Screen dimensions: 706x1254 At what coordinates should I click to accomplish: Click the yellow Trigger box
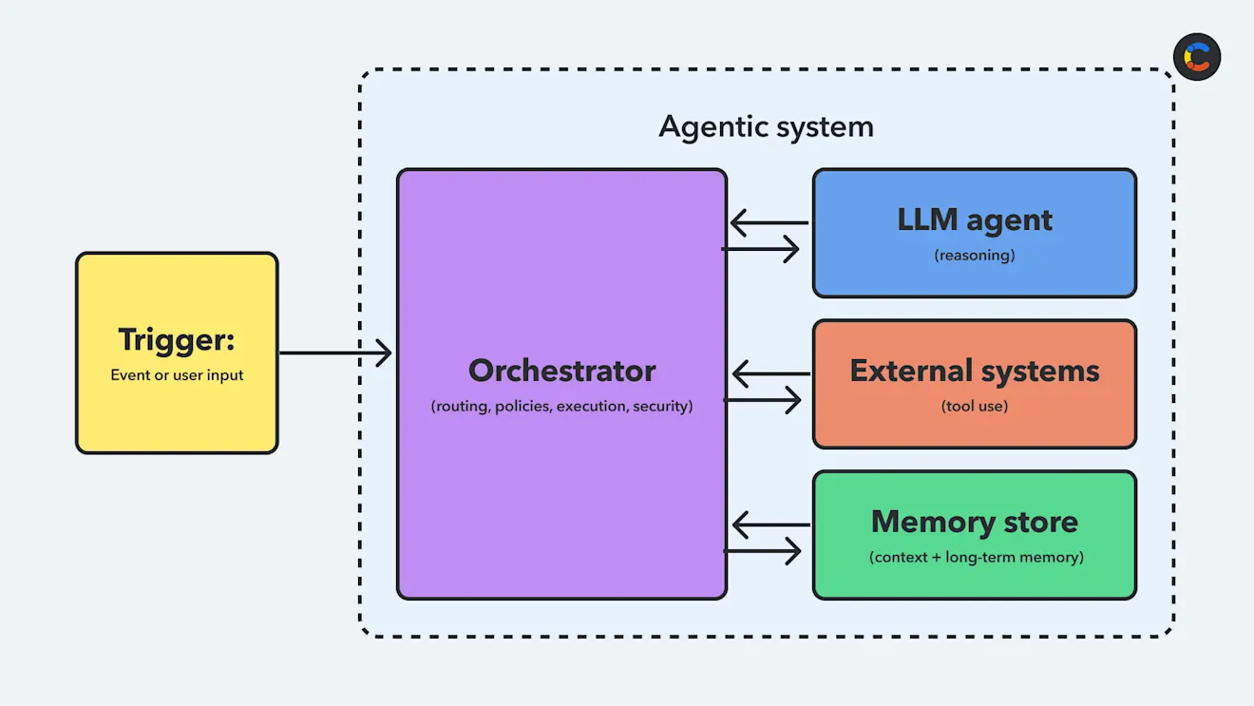[177, 409]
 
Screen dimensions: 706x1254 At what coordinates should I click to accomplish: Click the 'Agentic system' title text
[766, 126]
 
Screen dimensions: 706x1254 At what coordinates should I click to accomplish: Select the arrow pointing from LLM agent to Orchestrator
[769, 224]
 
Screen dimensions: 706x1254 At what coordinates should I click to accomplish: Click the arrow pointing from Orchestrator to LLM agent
[761, 249]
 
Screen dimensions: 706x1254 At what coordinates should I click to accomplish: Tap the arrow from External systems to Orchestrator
[770, 374]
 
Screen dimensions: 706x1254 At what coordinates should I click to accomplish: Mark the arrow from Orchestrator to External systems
[763, 400]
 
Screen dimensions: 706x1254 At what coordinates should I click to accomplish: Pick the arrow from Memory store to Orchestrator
[770, 525]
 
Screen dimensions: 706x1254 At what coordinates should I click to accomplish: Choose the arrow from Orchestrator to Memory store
[763, 551]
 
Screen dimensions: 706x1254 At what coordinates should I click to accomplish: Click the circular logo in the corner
[1197, 57]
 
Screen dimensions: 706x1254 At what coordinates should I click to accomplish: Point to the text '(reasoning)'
[975, 256]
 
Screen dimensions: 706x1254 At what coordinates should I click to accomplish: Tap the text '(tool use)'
[975, 407]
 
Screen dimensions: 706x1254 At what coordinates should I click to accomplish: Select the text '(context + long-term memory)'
[976, 558]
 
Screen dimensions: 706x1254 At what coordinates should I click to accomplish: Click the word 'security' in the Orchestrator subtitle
[661, 407]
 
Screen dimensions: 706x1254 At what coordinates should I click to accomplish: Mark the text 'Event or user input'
[177, 375]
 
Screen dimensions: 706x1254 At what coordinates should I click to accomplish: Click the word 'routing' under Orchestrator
[461, 407]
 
